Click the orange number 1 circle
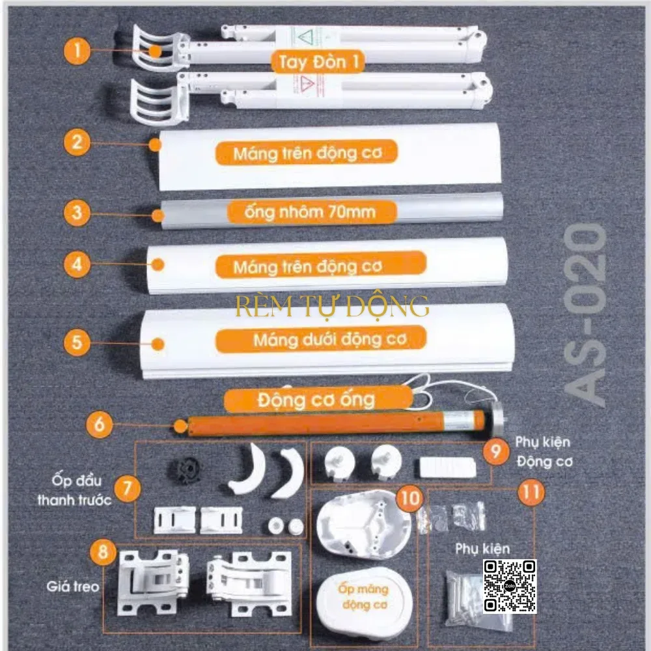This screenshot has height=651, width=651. pyautogui.click(x=77, y=51)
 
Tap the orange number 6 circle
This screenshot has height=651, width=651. pyautogui.click(x=99, y=424)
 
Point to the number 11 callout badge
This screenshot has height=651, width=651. pyautogui.click(x=531, y=492)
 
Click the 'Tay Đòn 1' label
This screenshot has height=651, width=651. pyautogui.click(x=318, y=62)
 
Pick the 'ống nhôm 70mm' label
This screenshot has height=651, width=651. pyautogui.click(x=311, y=212)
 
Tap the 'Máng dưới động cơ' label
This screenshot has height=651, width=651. pyautogui.click(x=321, y=340)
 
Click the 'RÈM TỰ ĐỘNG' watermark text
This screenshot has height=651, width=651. pyautogui.click(x=332, y=307)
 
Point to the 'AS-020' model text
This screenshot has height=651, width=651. pyautogui.click(x=585, y=314)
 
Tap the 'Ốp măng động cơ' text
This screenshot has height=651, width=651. pyautogui.click(x=364, y=596)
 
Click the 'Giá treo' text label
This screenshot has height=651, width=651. pyautogui.click(x=73, y=587)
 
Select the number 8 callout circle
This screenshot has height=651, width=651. pyautogui.click(x=104, y=552)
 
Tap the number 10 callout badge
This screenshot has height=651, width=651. pyautogui.click(x=409, y=498)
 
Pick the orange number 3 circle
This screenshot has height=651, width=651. pyautogui.click(x=77, y=213)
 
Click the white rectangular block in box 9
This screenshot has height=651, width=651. pyautogui.click(x=448, y=467)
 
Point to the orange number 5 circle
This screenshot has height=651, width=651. pyautogui.click(x=77, y=342)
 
